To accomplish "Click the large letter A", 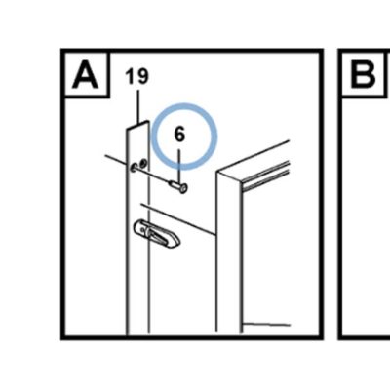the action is coord(85,75).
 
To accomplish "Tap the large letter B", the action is coord(363,75).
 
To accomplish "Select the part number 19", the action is coord(137,77).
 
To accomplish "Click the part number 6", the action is coord(179,135).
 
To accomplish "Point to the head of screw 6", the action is coord(183,188).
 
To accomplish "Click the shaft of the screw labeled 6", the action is coord(175,185).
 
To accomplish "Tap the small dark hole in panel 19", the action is coord(142,163).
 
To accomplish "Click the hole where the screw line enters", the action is coord(134,168).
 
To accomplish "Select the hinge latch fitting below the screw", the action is coord(157,233).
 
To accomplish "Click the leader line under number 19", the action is coord(138,106).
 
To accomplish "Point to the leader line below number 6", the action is coord(179,166).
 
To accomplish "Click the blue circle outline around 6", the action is coord(184,105).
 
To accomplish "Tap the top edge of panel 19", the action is coord(137,125).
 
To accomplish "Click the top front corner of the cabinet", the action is coord(217,172).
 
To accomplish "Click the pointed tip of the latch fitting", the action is coord(179,242).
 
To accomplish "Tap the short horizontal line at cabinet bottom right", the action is coord(266,324).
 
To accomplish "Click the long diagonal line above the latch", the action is coord(178,219).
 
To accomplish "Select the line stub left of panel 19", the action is coord(116,160).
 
